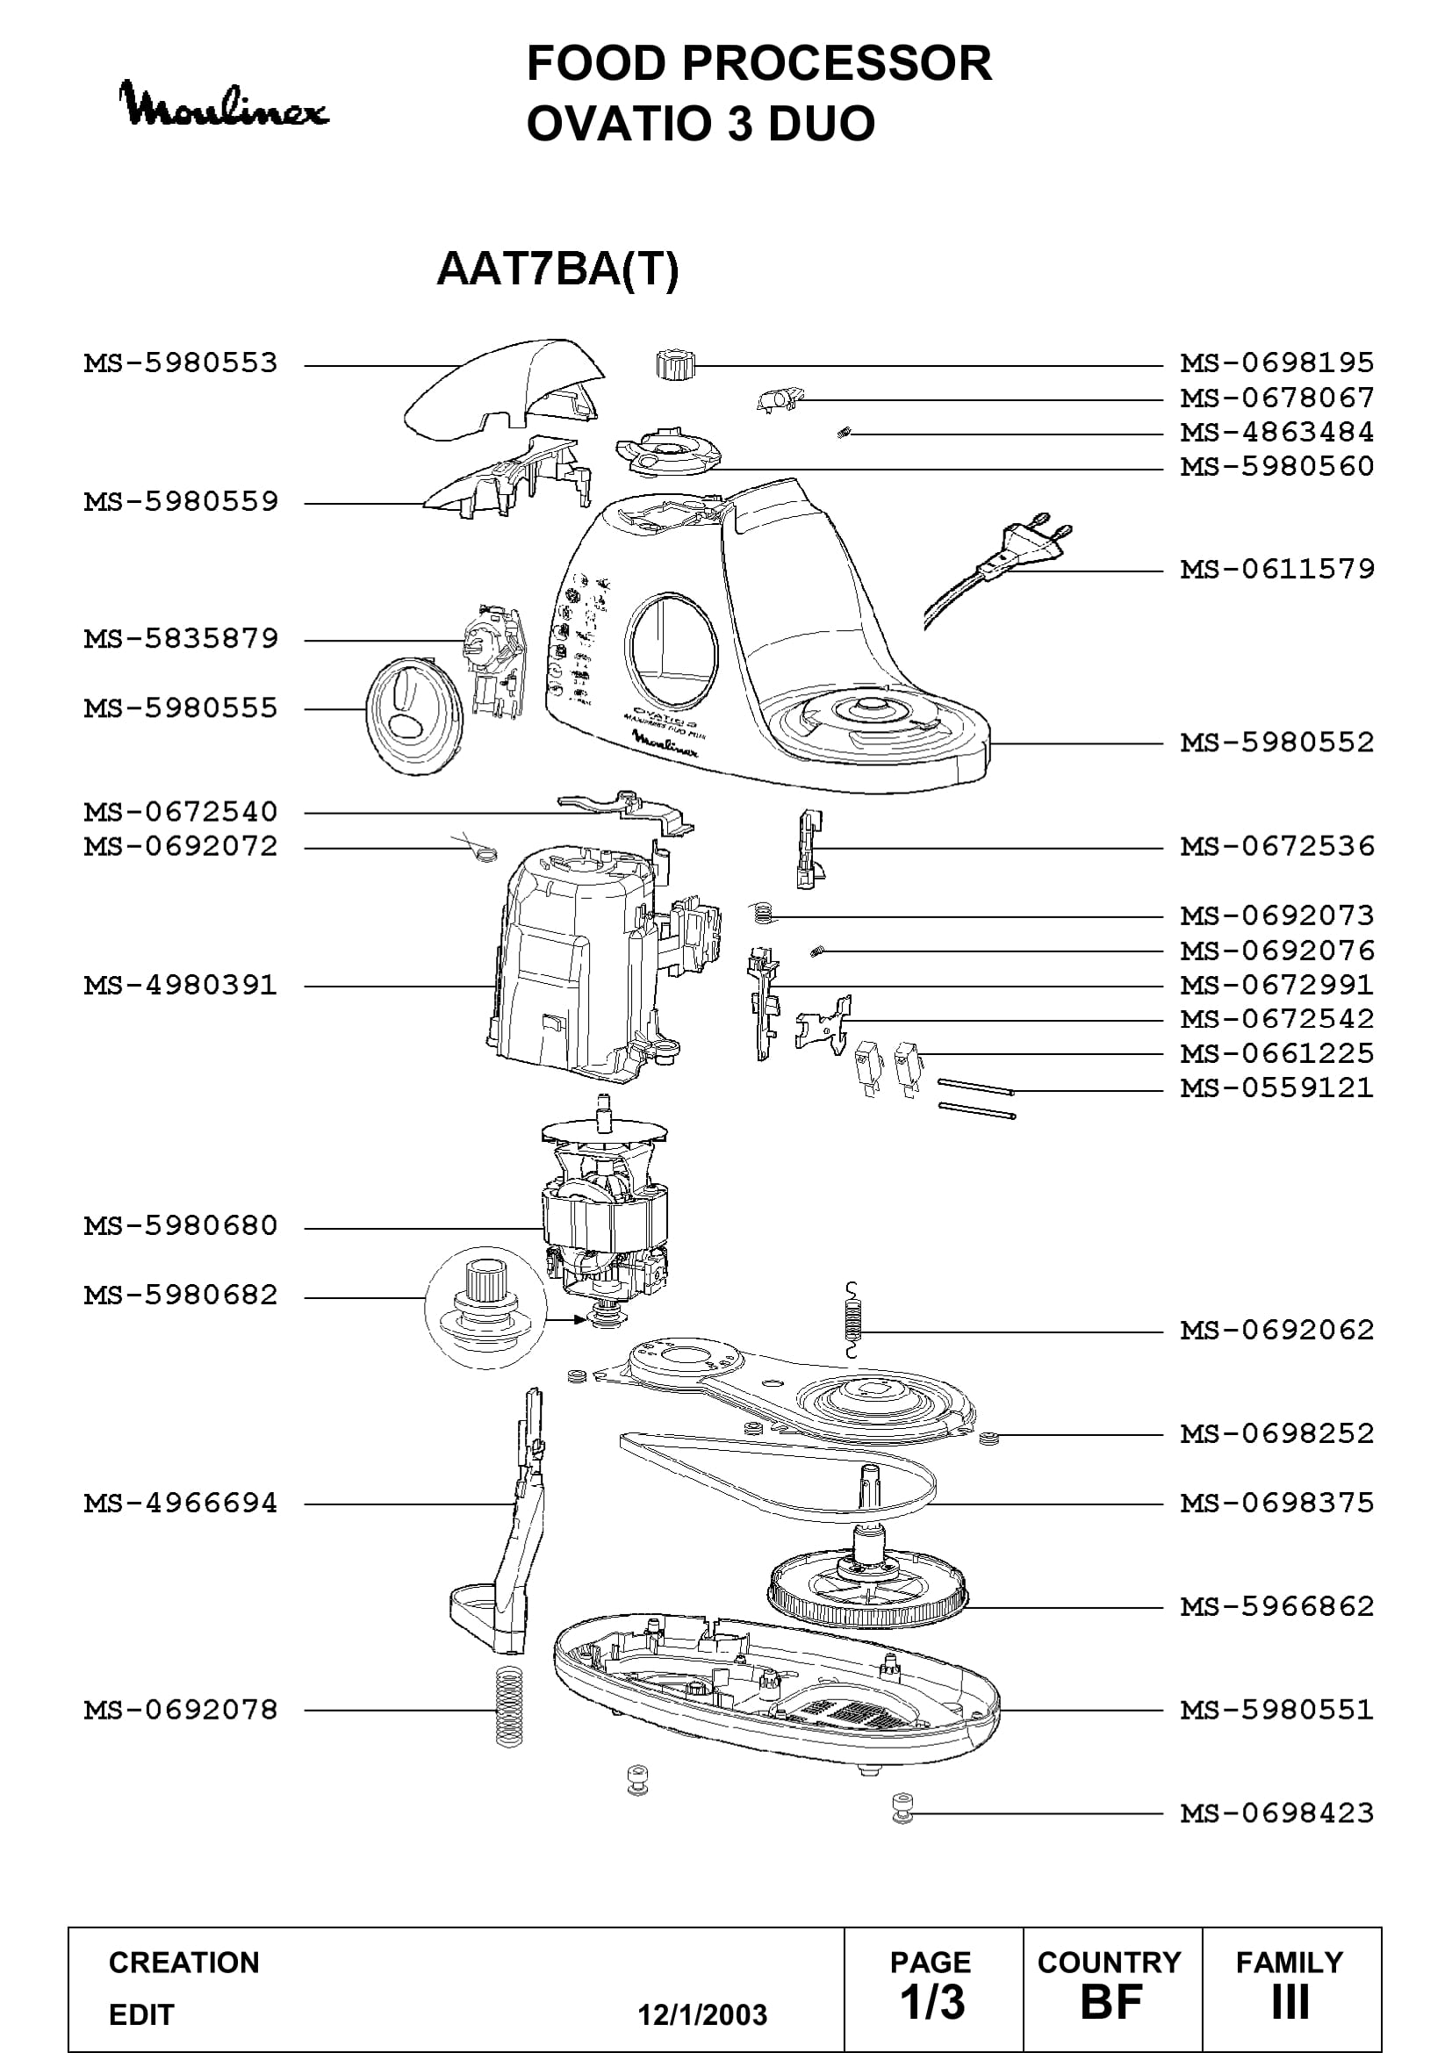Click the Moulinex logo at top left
point(224,105)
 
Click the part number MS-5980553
point(181,364)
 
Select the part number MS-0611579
point(1277,570)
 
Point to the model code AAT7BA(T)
point(558,269)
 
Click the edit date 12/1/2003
point(702,2014)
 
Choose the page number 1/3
point(931,2002)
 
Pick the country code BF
point(1111,2002)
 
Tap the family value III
point(1290,2002)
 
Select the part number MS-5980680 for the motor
point(181,1226)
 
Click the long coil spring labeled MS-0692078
point(509,1707)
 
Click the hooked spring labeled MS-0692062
point(853,1320)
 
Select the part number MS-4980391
point(181,986)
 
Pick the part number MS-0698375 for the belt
point(1277,1503)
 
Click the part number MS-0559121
point(1277,1088)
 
